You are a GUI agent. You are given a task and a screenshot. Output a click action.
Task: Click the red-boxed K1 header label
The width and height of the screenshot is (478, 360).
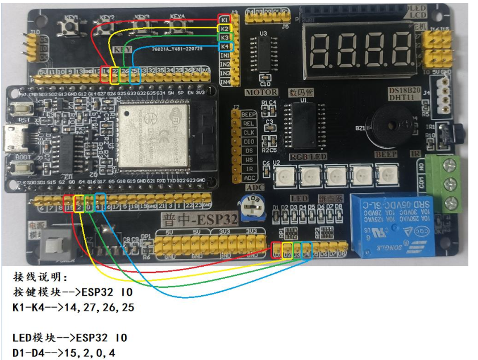point(225,20)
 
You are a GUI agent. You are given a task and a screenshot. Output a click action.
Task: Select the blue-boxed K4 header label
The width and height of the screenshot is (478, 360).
point(225,46)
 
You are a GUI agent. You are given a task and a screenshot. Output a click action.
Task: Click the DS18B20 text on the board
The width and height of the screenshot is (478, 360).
point(405,90)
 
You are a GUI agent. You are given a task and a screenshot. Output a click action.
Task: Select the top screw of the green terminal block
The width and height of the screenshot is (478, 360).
point(451,165)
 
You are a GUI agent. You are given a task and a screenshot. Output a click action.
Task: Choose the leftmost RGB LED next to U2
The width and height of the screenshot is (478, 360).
point(283,177)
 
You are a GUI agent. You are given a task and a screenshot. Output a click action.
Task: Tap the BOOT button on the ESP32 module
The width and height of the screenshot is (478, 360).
point(23,168)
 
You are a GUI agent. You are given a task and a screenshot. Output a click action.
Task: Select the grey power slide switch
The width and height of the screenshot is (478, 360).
point(56,245)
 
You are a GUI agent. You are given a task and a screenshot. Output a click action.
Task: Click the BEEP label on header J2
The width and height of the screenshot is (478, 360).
point(249,115)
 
